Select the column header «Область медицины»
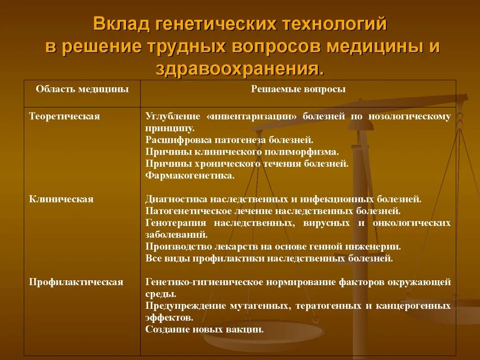tap(82, 89)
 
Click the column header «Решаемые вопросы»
tap(298, 89)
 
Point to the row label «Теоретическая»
tap(65, 116)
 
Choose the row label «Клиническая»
tap(61, 199)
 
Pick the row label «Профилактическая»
tap(76, 282)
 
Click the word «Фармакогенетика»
tap(190, 176)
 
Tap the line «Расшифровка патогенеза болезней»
tap(229, 140)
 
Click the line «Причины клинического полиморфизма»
tap(242, 152)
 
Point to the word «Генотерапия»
tap(176, 223)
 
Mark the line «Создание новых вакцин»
tap(204, 330)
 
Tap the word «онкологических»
tap(412, 223)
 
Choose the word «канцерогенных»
tap(413, 306)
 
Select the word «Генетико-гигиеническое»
tap(204, 282)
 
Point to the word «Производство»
tap(179, 247)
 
